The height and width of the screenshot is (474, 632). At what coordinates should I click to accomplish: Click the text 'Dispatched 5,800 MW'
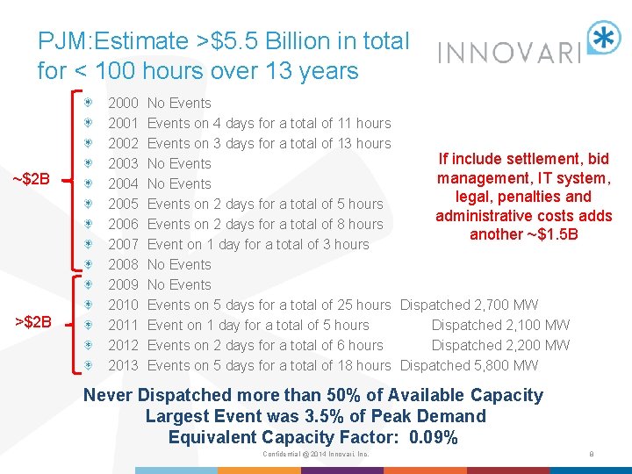(469, 365)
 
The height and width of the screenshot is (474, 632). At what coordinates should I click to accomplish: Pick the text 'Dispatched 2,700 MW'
(469, 305)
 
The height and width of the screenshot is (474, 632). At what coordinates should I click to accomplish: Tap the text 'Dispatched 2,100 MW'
(500, 325)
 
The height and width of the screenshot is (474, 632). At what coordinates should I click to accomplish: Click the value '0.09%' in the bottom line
(433, 437)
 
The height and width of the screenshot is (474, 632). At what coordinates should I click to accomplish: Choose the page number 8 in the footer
(592, 454)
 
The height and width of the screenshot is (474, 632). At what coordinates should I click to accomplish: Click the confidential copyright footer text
(315, 454)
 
